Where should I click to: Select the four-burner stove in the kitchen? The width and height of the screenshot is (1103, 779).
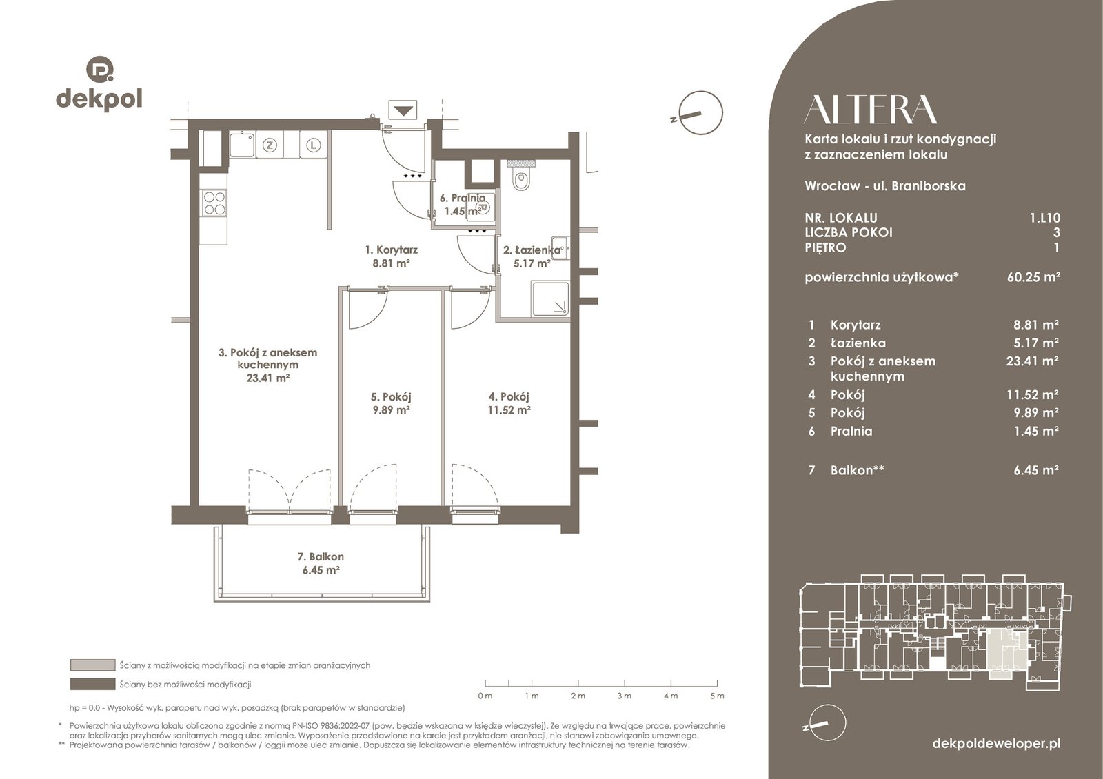pos(214,203)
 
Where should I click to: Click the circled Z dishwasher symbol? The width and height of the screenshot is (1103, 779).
pos(270,145)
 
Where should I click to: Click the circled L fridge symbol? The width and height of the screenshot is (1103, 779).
pos(313,145)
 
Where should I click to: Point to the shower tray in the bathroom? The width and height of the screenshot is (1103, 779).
pos(550,299)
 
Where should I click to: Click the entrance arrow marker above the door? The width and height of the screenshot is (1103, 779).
pos(403,110)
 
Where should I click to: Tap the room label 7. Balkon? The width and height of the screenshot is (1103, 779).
pos(321,556)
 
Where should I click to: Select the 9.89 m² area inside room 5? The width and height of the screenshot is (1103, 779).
pos(391,409)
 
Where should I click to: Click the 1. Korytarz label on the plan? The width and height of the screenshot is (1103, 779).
pos(391,250)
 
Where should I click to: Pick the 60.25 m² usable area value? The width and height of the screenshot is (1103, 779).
pos(1033,276)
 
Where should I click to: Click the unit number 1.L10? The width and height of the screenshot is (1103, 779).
pos(1045,217)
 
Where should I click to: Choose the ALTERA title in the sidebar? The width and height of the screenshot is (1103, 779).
pos(870,110)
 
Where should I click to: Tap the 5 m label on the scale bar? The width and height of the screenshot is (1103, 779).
pos(718,696)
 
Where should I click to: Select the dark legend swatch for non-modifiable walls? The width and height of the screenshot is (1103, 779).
pos(92,685)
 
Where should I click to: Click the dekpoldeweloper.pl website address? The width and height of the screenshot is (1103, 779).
pos(996,743)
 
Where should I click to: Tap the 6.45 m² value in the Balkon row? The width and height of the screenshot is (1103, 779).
pos(1036,469)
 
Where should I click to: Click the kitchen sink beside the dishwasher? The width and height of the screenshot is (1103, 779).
pos(242,145)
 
